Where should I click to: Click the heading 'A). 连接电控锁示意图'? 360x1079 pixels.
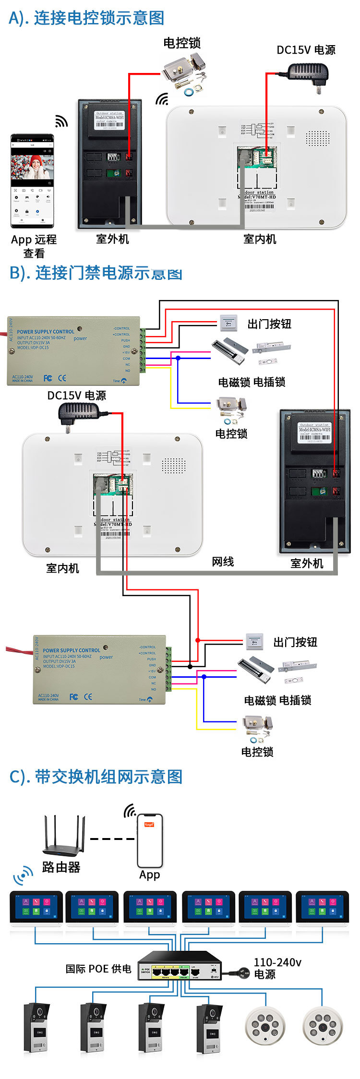(x=86, y=18)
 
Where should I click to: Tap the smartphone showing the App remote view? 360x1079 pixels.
(x=32, y=181)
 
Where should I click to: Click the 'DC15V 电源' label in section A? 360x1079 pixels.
(x=306, y=50)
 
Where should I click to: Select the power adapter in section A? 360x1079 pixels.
(x=308, y=75)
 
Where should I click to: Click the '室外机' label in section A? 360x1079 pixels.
(x=112, y=239)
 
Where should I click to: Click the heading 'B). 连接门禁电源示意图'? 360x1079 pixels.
(x=96, y=273)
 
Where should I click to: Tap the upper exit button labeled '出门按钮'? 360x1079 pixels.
(x=228, y=323)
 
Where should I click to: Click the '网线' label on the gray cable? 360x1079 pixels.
(x=223, y=562)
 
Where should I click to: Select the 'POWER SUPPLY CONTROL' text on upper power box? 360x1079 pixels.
(x=46, y=332)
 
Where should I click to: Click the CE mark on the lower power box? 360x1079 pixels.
(x=88, y=696)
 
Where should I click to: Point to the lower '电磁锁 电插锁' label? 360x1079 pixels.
(x=277, y=700)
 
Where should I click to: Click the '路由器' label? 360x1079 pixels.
(x=61, y=867)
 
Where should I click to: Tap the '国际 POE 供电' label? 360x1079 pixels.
(x=98, y=969)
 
